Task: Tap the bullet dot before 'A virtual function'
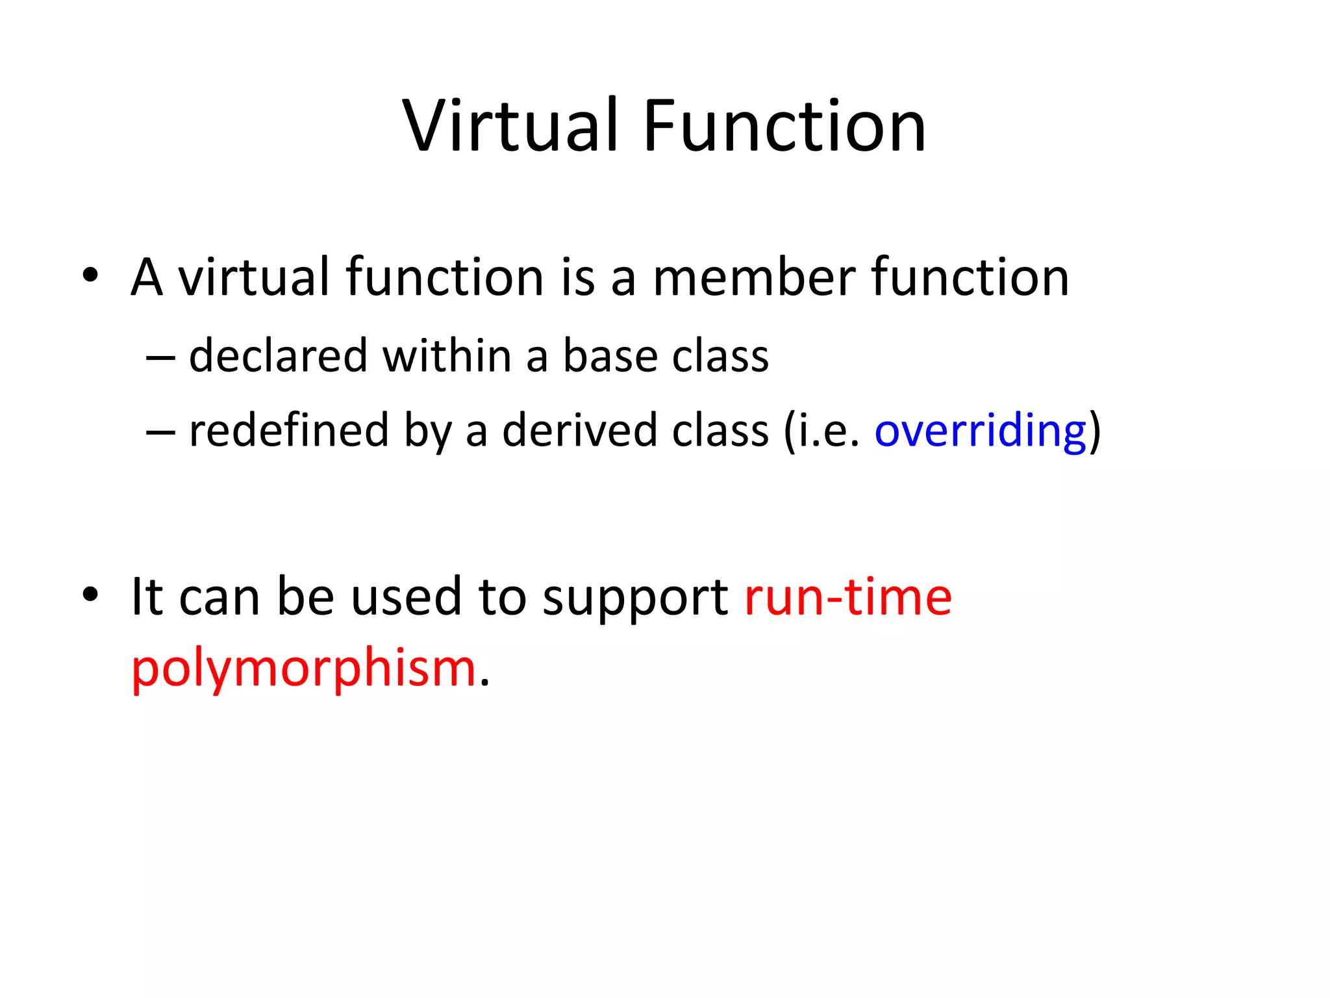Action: click(90, 275)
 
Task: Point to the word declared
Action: click(278, 356)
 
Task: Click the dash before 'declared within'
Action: click(160, 357)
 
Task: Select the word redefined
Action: click(288, 430)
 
